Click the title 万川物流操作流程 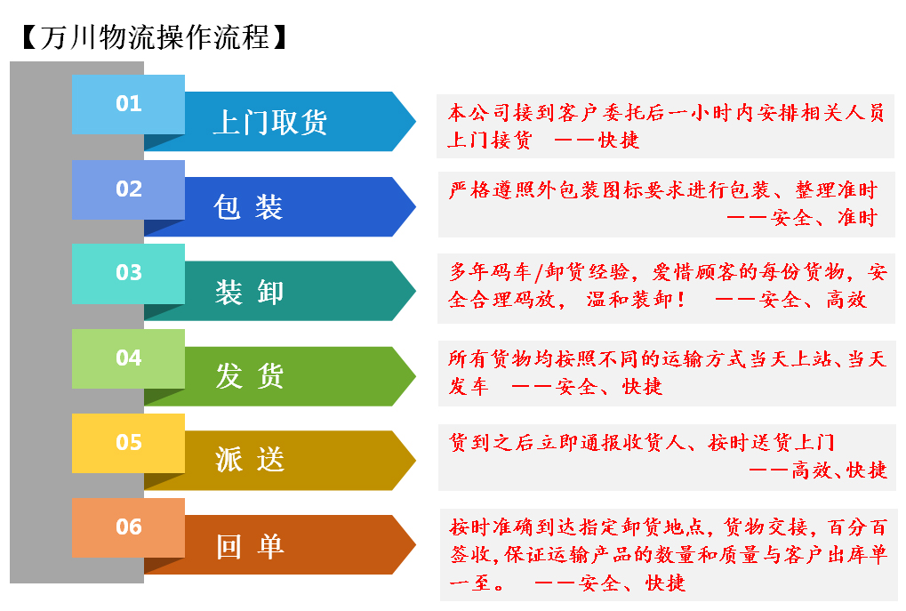(155, 37)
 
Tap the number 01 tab (128, 104)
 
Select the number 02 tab (128, 189)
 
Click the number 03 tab (128, 273)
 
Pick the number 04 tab (128, 358)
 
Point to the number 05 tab (128, 443)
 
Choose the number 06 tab (128, 527)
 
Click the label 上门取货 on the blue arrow (269, 123)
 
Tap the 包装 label (248, 207)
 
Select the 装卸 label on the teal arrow (250, 292)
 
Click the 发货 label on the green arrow (250, 375)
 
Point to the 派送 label (250, 460)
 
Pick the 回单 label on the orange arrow (250, 546)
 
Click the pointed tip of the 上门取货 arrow (415, 121)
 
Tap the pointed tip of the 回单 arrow (415, 544)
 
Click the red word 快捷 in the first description (619, 140)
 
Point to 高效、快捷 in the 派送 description (839, 470)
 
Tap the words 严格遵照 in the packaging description (493, 189)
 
